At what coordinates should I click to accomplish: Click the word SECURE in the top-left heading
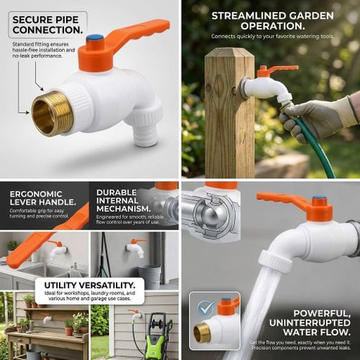coord(33,19)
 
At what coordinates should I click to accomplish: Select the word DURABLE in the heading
coord(115,193)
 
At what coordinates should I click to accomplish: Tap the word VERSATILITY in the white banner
coord(109,286)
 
